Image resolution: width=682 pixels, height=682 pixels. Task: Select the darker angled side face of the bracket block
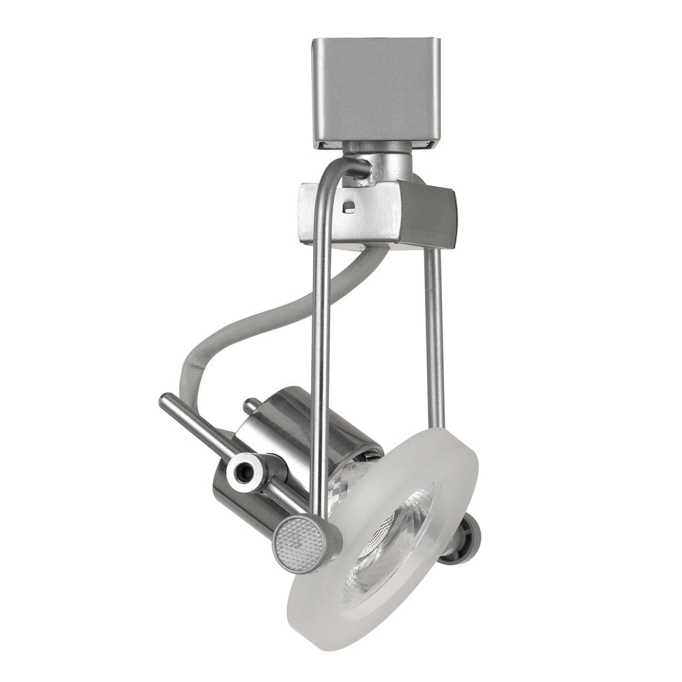428,215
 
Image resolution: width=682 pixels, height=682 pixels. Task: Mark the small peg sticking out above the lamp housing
251,405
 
